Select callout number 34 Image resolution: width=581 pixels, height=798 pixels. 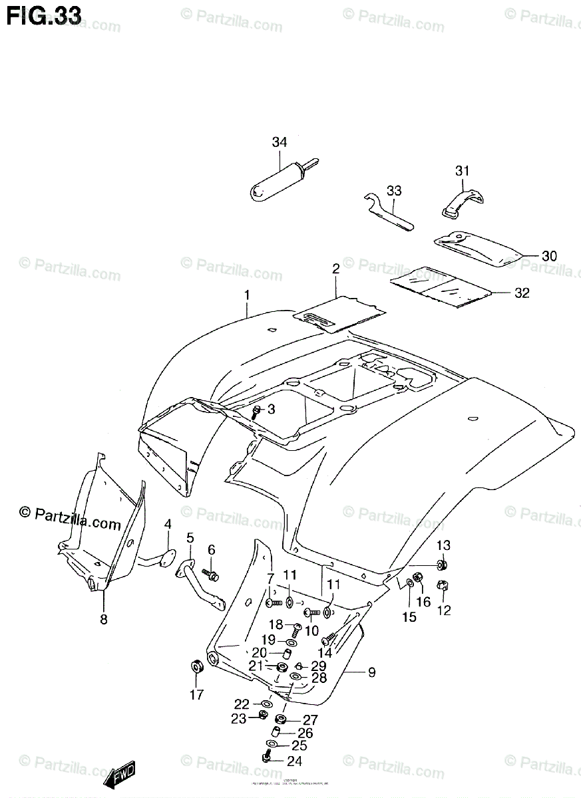tap(280, 142)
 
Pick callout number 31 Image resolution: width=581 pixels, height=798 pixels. tap(463, 171)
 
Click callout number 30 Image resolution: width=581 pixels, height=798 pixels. tap(549, 256)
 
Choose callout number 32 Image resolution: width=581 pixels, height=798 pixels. tap(522, 293)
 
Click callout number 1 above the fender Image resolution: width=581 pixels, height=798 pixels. tap(246, 294)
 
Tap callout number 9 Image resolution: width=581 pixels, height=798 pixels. tap(371, 673)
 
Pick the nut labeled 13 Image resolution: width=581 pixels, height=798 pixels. tap(442, 565)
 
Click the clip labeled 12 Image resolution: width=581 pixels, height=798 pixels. tap(443, 587)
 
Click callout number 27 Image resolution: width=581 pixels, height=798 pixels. tap(311, 720)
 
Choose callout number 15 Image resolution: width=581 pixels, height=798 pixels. tap(409, 617)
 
